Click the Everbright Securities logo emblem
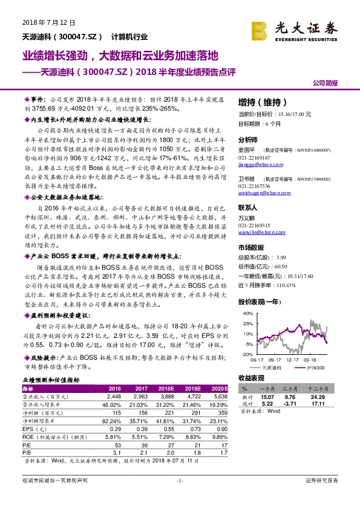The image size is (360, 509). [260, 29]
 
